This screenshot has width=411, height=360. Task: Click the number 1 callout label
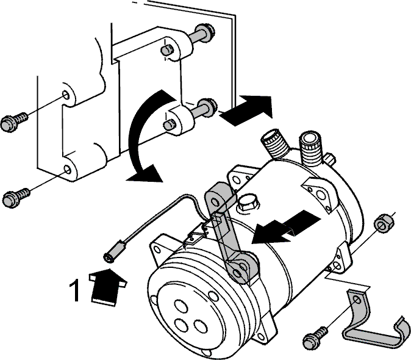tap(75, 290)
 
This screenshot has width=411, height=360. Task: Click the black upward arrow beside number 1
tap(106, 287)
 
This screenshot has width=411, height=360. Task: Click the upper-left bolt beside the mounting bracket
tap(14, 121)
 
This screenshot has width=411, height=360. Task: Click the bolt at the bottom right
tap(315, 339)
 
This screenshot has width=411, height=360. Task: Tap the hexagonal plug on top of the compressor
tap(248, 203)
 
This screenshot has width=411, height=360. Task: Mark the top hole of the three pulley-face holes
tap(181, 306)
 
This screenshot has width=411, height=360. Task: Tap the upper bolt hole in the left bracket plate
tap(65, 95)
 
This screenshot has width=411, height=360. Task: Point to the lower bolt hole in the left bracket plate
tap(67, 170)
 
